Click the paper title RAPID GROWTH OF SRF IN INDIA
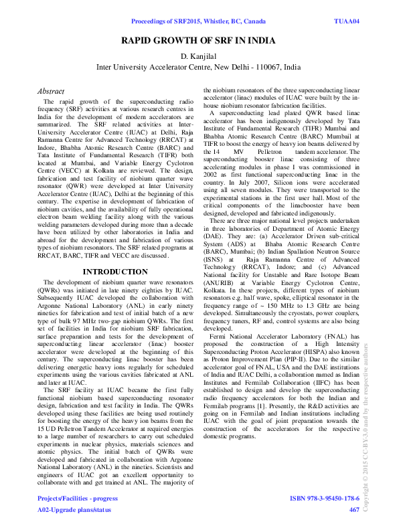point(198,41)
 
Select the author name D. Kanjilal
point(198,56)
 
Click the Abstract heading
point(51,91)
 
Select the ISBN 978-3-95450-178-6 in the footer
point(325,499)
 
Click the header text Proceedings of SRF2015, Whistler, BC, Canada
point(198,22)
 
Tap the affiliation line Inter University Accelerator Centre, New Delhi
point(198,68)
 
